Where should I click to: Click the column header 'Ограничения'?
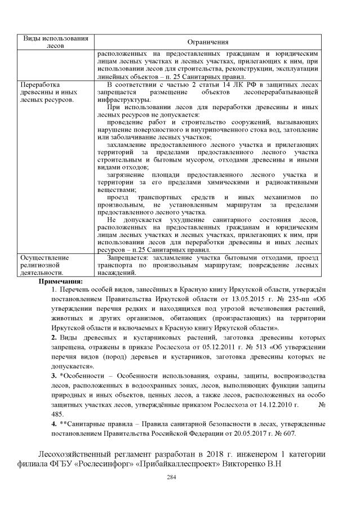pyautogui.click(x=209, y=42)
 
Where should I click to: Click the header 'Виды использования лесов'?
pyautogui.click(x=56, y=42)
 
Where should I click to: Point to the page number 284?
pyautogui.click(x=180, y=476)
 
